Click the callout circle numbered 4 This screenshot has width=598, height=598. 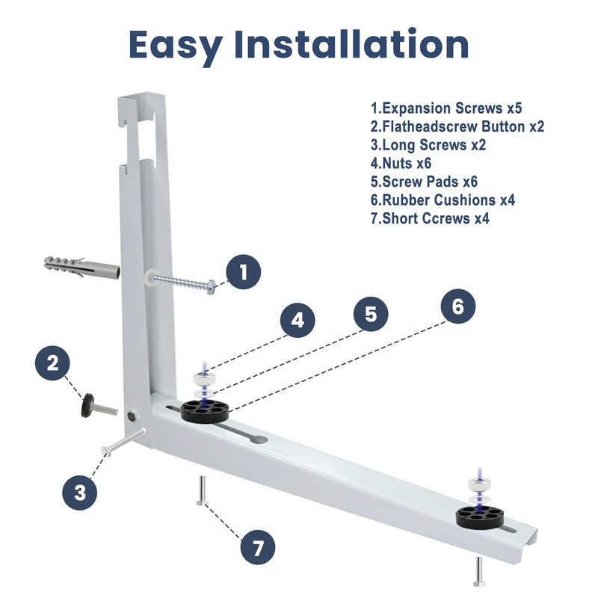pyautogui.click(x=298, y=321)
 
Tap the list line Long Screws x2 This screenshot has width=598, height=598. pyautogui.click(x=428, y=145)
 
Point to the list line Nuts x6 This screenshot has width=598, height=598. pyautogui.click(x=401, y=163)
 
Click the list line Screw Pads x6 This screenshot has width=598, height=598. pyautogui.click(x=424, y=182)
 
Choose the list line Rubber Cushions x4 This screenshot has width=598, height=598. pyautogui.click(x=443, y=200)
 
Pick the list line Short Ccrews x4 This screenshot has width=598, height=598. pyautogui.click(x=430, y=218)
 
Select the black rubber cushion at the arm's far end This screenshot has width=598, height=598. pyautogui.click(x=480, y=517)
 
